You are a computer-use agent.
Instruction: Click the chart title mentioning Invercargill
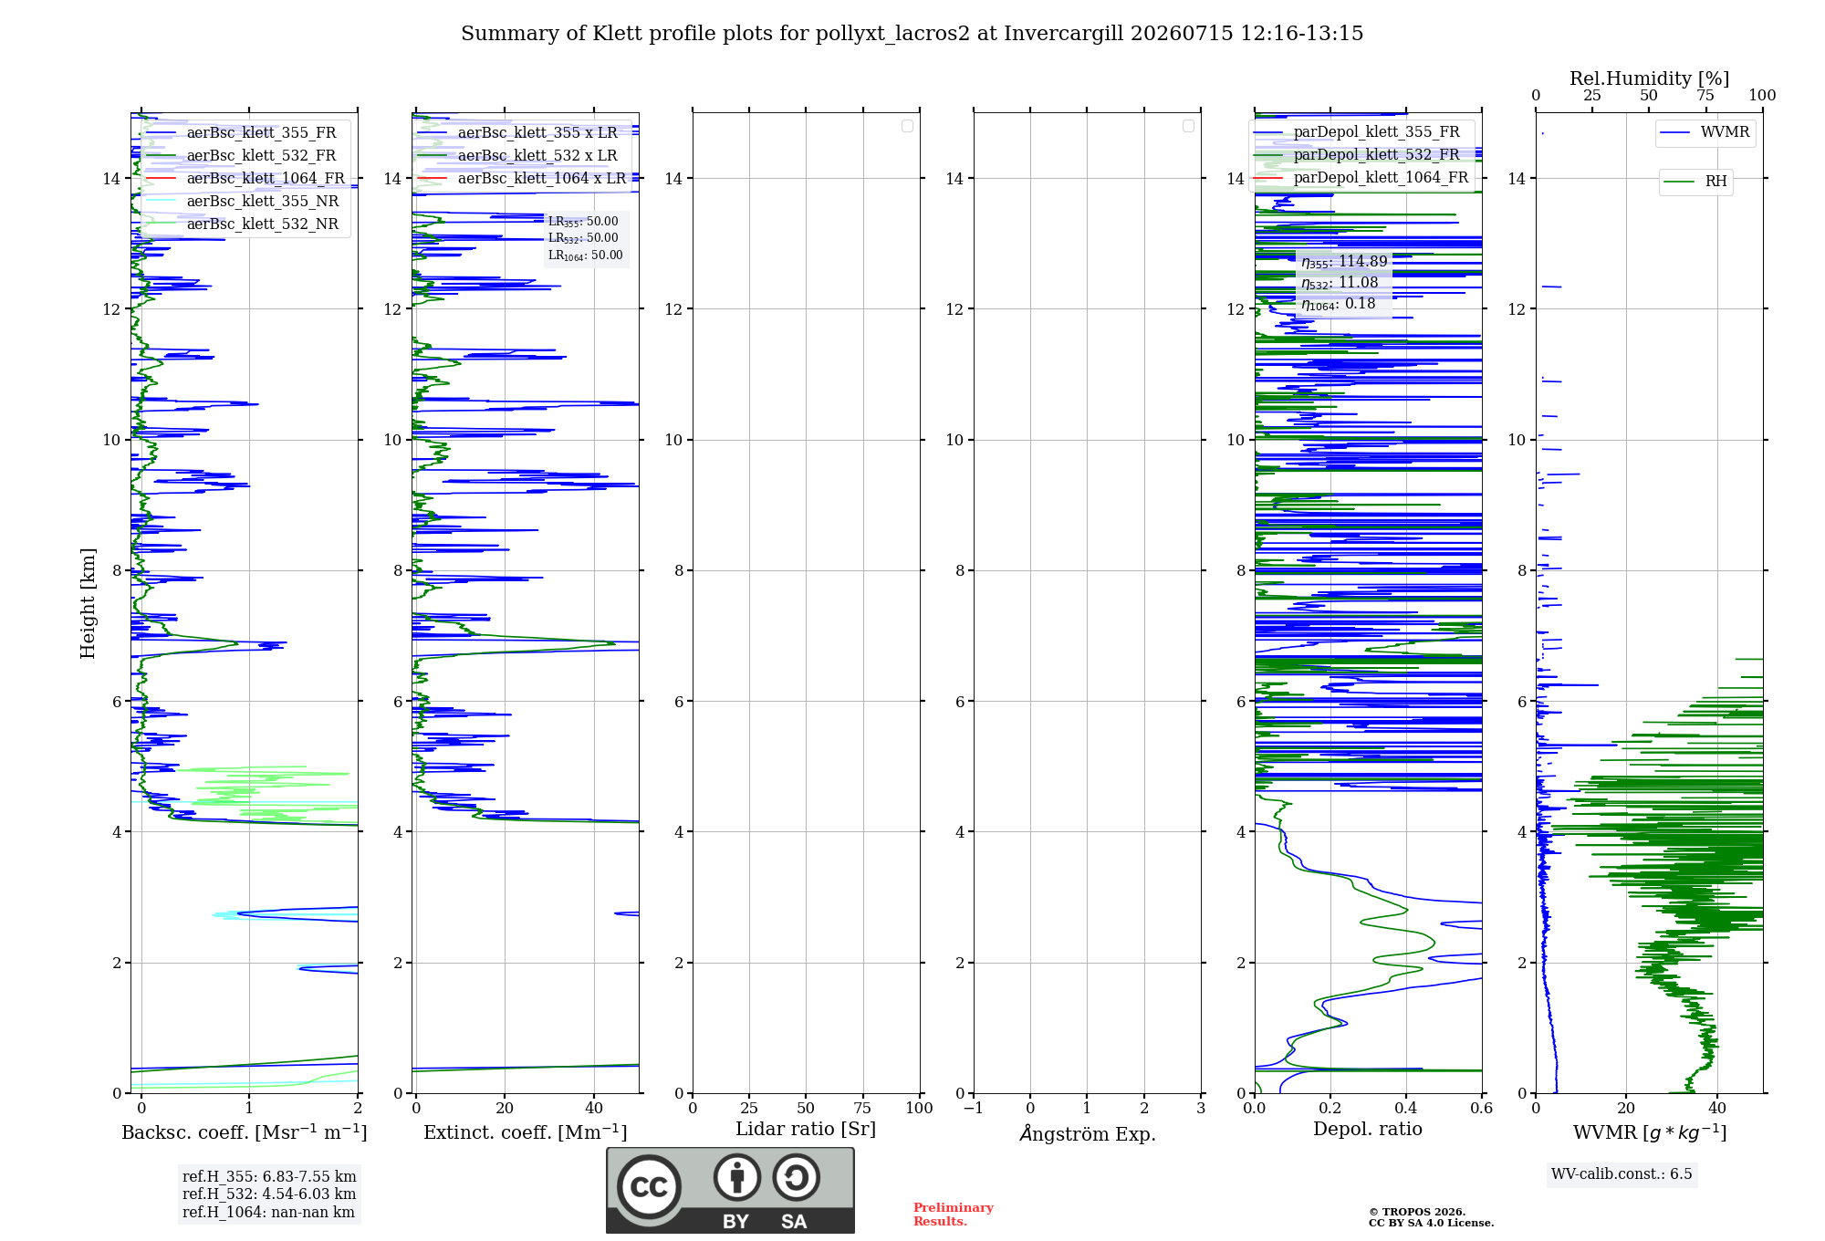(912, 34)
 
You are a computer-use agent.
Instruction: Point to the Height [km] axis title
(88, 603)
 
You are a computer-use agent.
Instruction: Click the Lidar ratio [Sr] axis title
(806, 1129)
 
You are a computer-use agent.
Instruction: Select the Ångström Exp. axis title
(1088, 1132)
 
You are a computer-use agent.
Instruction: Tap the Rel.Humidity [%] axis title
(1649, 78)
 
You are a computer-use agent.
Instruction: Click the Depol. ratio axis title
(1368, 1129)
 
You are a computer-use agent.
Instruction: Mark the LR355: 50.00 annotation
(583, 222)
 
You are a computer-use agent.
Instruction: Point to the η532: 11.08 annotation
(1340, 283)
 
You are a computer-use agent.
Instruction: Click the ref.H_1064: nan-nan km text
(268, 1212)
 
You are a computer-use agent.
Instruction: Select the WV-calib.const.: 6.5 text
(1622, 1173)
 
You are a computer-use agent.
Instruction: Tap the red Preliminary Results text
(954, 1215)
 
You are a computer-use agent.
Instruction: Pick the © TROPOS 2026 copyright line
(1417, 1212)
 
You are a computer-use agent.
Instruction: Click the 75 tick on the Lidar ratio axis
(862, 1108)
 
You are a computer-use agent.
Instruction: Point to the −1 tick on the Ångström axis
(973, 1108)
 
